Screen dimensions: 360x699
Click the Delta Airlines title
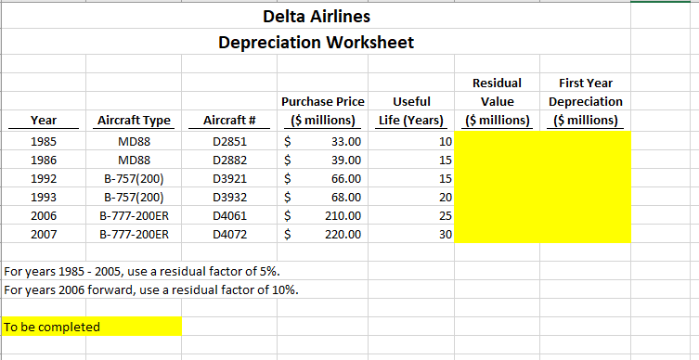click(317, 17)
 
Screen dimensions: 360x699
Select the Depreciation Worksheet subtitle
click(316, 43)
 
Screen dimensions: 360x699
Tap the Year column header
click(43, 121)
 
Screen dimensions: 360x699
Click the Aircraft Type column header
click(134, 121)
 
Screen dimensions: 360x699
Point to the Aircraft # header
click(229, 121)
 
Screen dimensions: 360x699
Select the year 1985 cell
click(43, 142)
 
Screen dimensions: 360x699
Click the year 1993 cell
click(43, 197)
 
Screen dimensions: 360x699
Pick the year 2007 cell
click(43, 235)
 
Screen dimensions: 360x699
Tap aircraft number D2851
click(229, 142)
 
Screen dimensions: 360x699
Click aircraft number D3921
click(229, 178)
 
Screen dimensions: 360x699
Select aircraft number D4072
click(229, 235)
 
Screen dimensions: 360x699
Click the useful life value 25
click(445, 216)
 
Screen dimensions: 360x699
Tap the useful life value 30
click(445, 235)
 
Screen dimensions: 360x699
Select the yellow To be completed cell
click(91, 327)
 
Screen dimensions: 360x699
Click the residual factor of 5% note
click(143, 272)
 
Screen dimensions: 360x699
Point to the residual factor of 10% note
click(152, 289)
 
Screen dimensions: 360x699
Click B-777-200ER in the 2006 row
click(134, 216)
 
